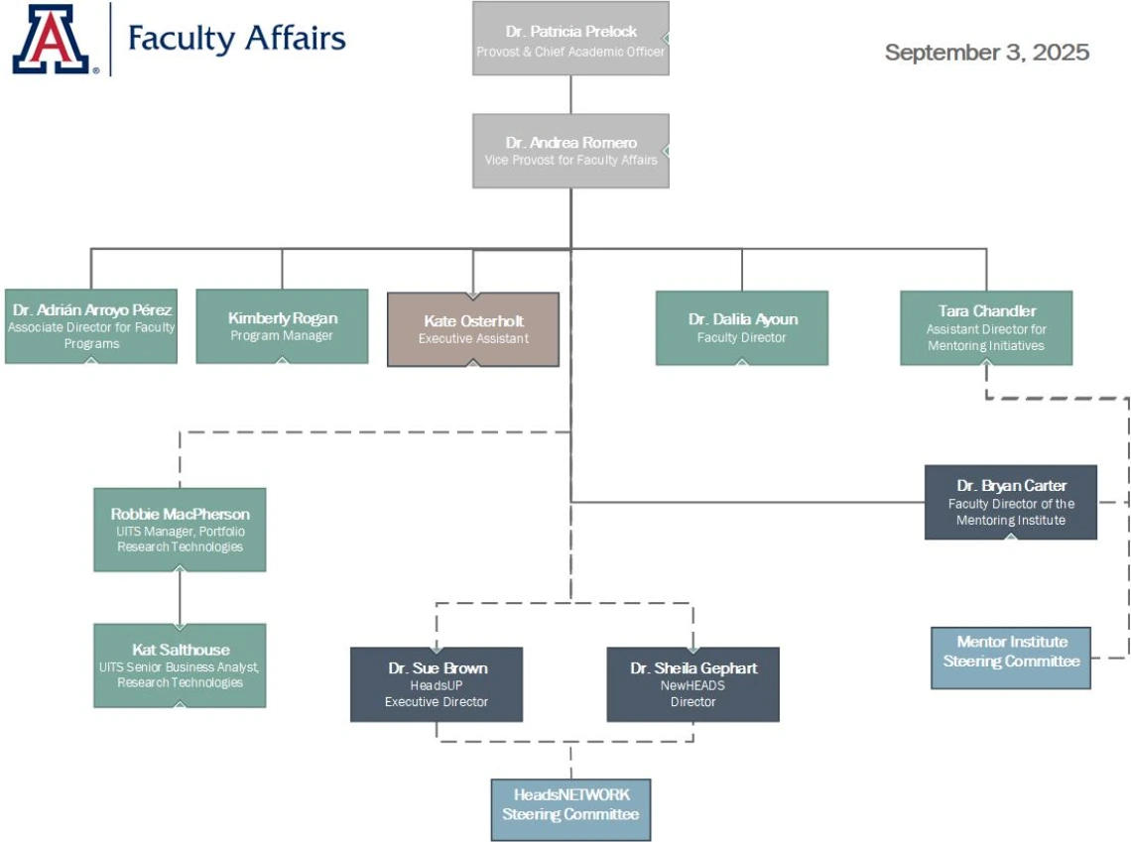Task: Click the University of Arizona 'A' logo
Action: click(51, 40)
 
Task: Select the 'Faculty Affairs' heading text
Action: click(236, 39)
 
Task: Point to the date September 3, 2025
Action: click(986, 53)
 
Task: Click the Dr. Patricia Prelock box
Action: click(570, 39)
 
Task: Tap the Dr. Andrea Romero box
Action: click(570, 151)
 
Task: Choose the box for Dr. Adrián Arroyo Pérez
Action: click(91, 327)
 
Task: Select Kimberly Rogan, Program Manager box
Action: click(282, 327)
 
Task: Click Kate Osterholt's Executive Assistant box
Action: click(473, 329)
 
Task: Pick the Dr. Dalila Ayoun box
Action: click(742, 328)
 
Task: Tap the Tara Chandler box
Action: click(986, 328)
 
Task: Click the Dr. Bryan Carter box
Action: click(1011, 503)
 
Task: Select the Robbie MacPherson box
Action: click(180, 530)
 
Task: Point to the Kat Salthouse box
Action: click(180, 665)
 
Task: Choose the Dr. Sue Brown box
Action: click(437, 684)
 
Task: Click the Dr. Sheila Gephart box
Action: click(692, 684)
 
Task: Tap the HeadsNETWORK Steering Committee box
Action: click(570, 804)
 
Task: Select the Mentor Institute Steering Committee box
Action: click(1011, 658)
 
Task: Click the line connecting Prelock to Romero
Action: click(570, 94)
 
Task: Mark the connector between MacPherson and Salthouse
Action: click(180, 597)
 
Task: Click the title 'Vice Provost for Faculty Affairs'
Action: click(570, 160)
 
